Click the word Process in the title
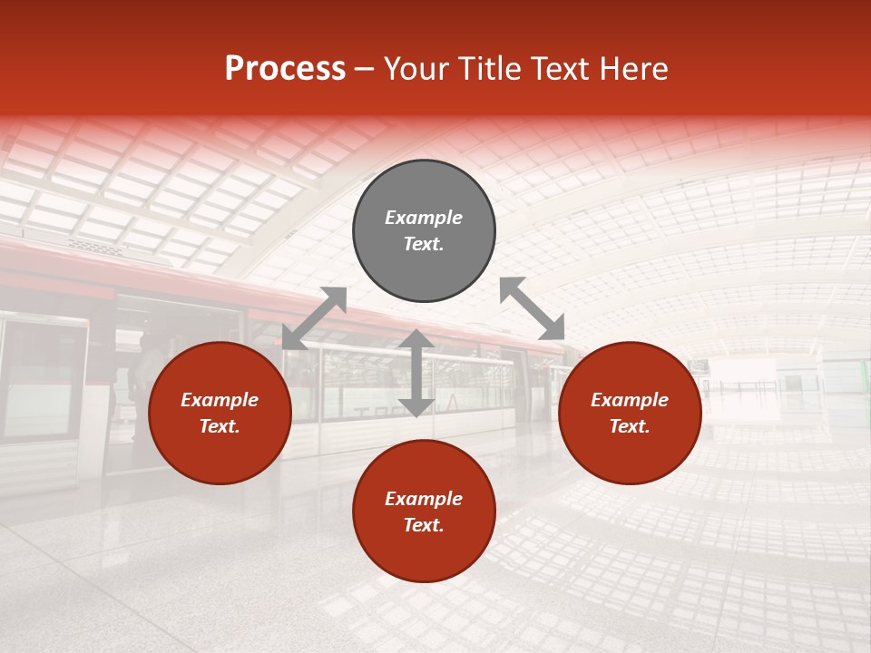[285, 69]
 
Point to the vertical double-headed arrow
[416, 373]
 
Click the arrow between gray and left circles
[314, 318]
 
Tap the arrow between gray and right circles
[532, 308]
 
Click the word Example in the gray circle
[424, 218]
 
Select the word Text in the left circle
[220, 426]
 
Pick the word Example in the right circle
[630, 400]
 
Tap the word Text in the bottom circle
[424, 525]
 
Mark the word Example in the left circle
[220, 400]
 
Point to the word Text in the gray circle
[424, 244]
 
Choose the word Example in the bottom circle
[424, 499]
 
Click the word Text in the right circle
[630, 426]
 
